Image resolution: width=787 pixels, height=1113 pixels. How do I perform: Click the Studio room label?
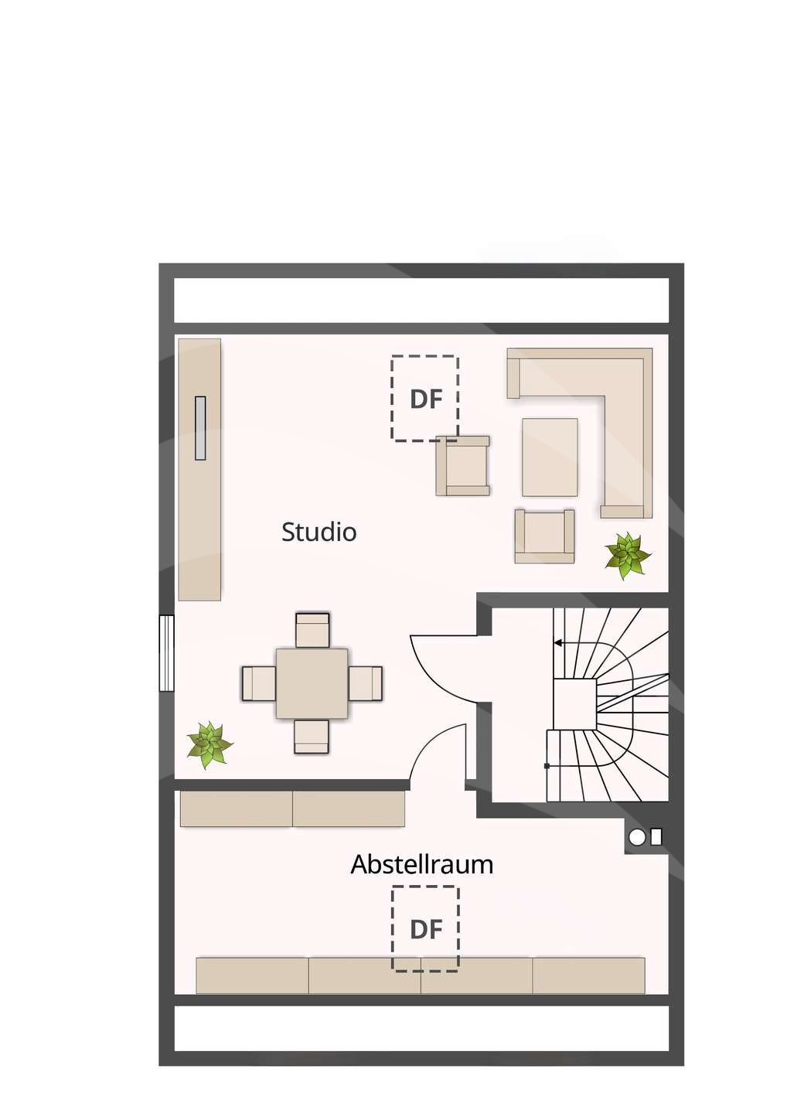(x=319, y=532)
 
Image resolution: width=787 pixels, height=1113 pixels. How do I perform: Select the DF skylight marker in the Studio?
(x=424, y=398)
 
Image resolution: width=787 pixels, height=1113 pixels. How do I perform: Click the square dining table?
(x=312, y=683)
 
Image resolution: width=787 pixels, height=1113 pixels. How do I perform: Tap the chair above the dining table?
(x=312, y=630)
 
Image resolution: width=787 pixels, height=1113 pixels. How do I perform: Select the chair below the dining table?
(x=312, y=736)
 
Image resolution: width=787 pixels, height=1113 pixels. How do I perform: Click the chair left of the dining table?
(x=259, y=683)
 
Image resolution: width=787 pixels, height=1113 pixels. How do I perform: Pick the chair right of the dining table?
(x=365, y=683)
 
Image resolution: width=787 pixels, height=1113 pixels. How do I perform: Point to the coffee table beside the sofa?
(x=550, y=457)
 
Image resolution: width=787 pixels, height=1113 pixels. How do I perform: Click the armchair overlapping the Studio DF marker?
(x=462, y=466)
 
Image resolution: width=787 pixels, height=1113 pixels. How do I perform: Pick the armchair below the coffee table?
(x=544, y=536)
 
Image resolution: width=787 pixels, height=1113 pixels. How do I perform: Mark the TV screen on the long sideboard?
(x=200, y=428)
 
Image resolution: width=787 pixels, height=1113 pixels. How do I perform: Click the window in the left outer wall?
(x=166, y=653)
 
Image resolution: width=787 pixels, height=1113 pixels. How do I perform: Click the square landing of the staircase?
(x=575, y=699)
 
